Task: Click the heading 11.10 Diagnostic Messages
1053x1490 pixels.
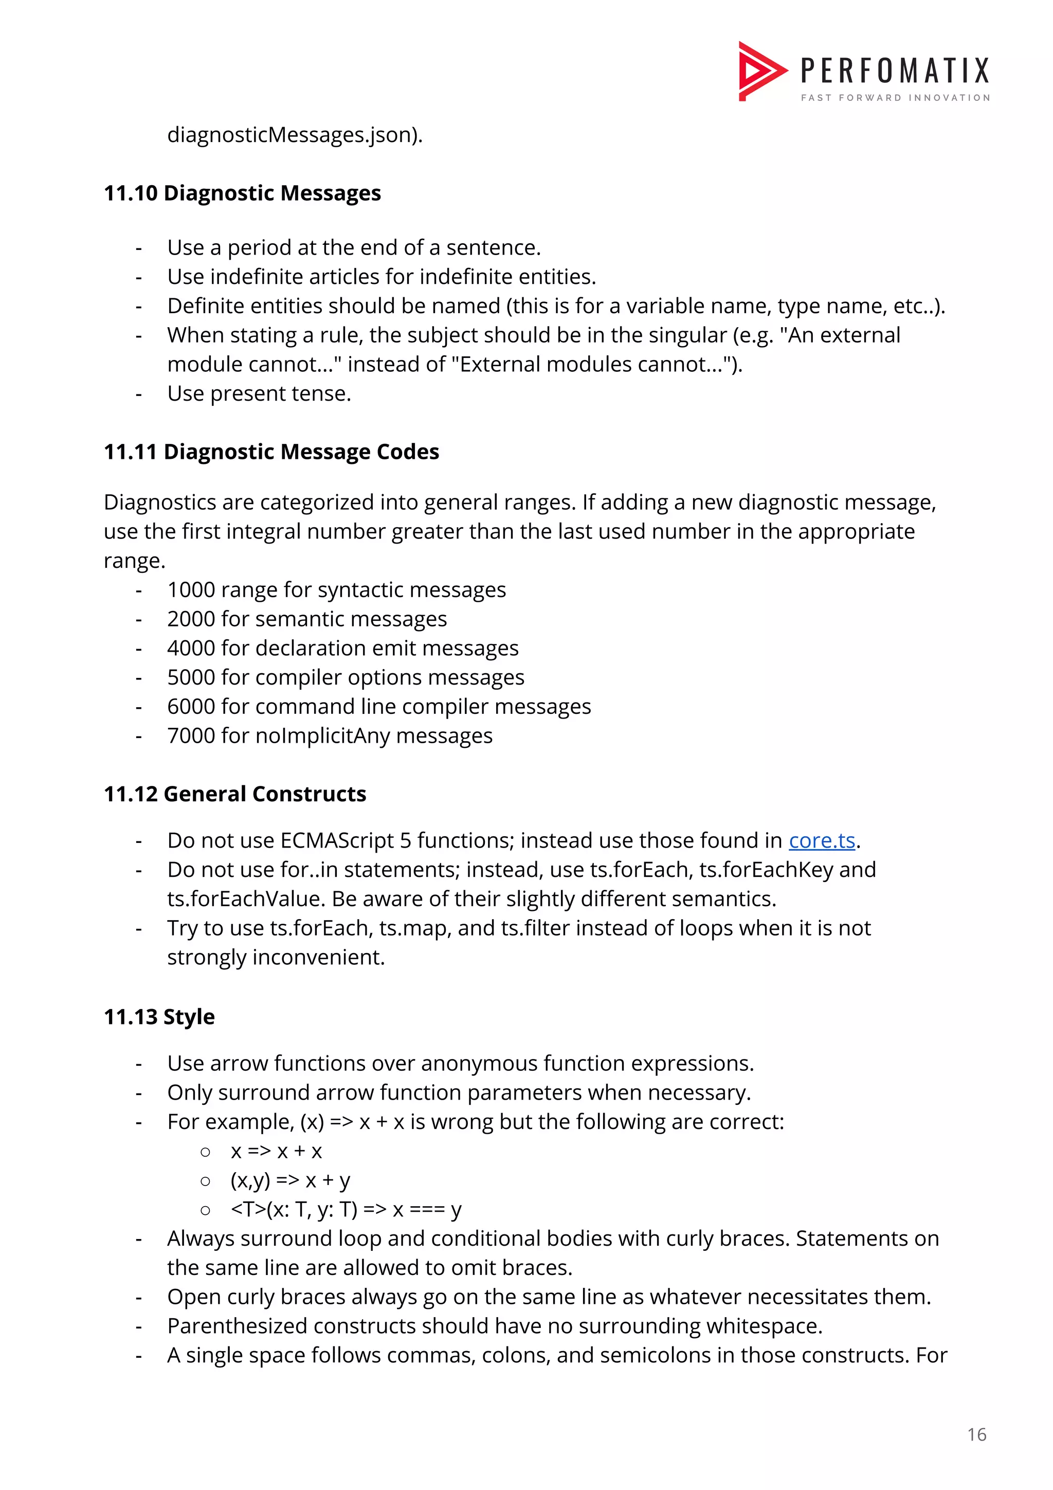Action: (x=242, y=193)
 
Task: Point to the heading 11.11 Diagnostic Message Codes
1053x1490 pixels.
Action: (x=271, y=452)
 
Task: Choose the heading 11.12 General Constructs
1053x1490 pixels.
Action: (x=235, y=794)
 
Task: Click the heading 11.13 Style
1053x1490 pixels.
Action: (x=159, y=1017)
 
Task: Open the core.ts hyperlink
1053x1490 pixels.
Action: (x=822, y=841)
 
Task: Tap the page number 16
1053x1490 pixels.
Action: (x=976, y=1435)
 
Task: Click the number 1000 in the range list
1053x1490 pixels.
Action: (x=191, y=590)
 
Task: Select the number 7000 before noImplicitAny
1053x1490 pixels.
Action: (x=191, y=736)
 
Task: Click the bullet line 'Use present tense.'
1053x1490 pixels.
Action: (x=259, y=394)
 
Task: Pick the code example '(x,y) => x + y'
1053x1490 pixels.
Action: (x=290, y=1180)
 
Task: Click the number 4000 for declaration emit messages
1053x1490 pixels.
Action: (x=191, y=648)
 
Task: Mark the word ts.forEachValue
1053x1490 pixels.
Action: (x=246, y=900)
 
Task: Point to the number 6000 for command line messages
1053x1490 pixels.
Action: (x=191, y=707)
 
